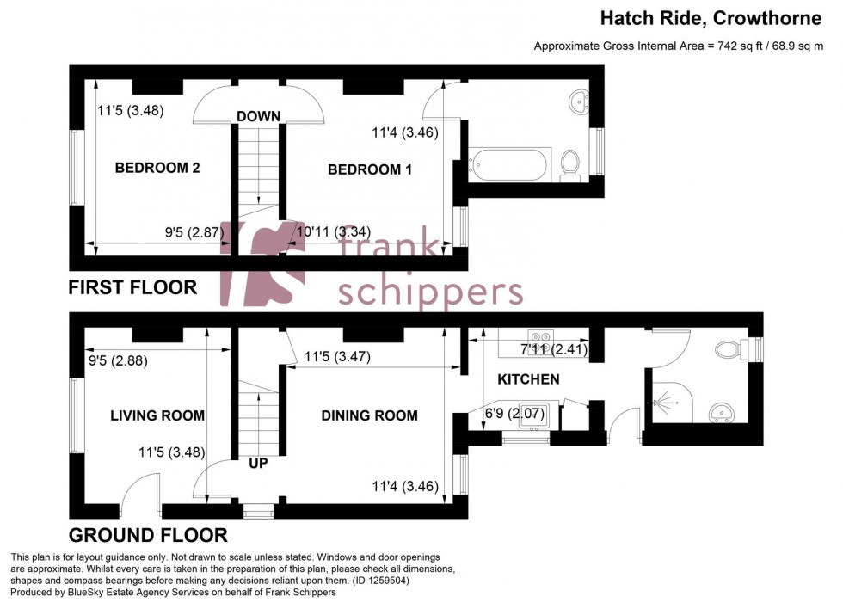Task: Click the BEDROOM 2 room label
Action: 157,168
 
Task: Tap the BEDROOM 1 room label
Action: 370,169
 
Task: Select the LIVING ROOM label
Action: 157,415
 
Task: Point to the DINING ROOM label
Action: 370,415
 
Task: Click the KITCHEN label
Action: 528,378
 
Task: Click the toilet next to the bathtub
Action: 569,163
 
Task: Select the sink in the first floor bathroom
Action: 579,102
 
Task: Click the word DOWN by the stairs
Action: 259,116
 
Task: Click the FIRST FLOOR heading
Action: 133,287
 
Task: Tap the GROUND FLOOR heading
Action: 148,534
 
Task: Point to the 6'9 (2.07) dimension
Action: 515,414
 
